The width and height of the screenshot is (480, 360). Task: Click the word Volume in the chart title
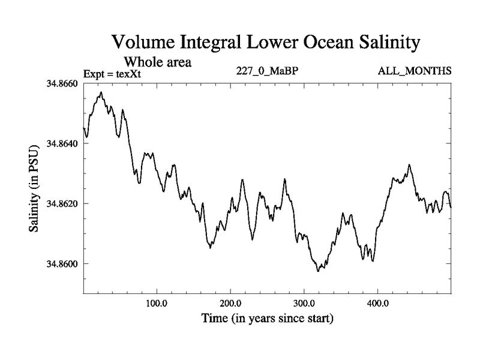pyautogui.click(x=143, y=43)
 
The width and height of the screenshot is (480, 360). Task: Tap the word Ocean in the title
pyautogui.click(x=322, y=43)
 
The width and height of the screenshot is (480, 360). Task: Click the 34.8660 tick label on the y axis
pyautogui.click(x=62, y=84)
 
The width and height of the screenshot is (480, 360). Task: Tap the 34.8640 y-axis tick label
pyautogui.click(x=62, y=144)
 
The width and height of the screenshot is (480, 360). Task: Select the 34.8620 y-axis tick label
pyautogui.click(x=62, y=204)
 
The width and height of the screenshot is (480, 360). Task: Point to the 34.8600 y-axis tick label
pyautogui.click(x=62, y=264)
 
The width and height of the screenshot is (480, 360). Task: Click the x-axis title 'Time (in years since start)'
pyautogui.click(x=267, y=319)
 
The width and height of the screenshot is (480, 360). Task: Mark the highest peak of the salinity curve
pyautogui.click(x=101, y=92)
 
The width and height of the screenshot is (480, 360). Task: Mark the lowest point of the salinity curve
pyautogui.click(x=319, y=271)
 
